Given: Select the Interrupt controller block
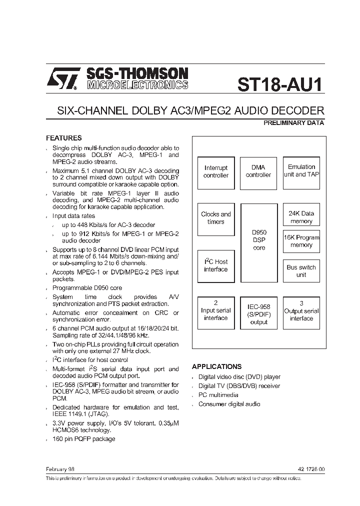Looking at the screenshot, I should pyautogui.click(x=216, y=171).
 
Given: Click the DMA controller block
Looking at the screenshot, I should pyautogui.click(x=258, y=171).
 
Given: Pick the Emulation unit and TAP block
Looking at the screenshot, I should pyautogui.click(x=301, y=171).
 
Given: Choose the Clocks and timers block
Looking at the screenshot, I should pyautogui.click(x=216, y=218).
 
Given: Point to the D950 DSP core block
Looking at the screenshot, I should pyautogui.click(x=259, y=242).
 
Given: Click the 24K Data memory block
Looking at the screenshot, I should pyautogui.click(x=301, y=217).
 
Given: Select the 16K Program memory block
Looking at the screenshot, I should pyautogui.click(x=301, y=241).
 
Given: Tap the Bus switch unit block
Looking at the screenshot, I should pyautogui.click(x=301, y=271).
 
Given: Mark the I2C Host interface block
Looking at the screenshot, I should pyautogui.click(x=216, y=265).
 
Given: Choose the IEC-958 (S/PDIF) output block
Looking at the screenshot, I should pyautogui.click(x=259, y=313).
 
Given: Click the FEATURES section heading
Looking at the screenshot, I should pyautogui.click(x=64, y=138).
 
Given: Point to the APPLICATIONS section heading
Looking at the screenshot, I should pyautogui.click(x=216, y=366).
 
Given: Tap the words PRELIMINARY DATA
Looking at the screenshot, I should pyautogui.click(x=293, y=123).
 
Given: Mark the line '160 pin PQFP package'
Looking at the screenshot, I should pyautogui.click(x=83, y=439).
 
